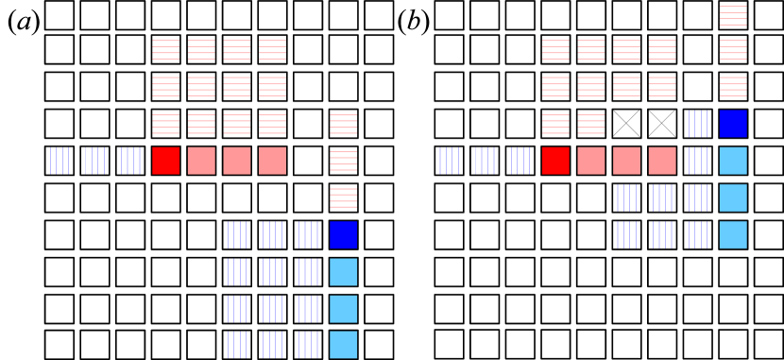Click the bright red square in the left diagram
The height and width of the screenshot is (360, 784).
(x=165, y=161)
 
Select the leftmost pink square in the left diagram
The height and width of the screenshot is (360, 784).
(x=201, y=161)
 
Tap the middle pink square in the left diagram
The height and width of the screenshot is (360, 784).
(x=237, y=161)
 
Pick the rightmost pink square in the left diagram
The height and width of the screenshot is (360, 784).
(x=272, y=161)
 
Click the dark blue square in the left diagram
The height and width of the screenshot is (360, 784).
(x=343, y=234)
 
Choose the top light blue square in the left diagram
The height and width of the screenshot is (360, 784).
(x=343, y=272)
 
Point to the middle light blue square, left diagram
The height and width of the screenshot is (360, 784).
(x=343, y=309)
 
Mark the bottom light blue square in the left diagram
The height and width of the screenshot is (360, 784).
(x=343, y=345)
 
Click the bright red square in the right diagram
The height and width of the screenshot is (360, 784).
(x=555, y=161)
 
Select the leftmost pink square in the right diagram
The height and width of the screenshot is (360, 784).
(x=591, y=161)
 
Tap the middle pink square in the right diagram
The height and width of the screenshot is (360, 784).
(x=626, y=161)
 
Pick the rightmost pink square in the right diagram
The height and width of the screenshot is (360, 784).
(x=662, y=161)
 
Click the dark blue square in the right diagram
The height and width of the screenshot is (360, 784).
(x=733, y=124)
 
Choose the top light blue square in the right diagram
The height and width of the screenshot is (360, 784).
(x=733, y=161)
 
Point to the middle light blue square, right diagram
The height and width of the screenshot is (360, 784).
(x=733, y=197)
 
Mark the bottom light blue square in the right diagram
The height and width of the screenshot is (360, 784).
(x=733, y=234)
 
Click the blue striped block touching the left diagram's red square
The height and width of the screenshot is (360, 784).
(x=131, y=161)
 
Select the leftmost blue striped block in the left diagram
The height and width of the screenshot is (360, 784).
(x=60, y=161)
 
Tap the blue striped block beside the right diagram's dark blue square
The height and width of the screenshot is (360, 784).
(x=699, y=124)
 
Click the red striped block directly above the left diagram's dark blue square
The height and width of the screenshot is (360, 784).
(x=343, y=197)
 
